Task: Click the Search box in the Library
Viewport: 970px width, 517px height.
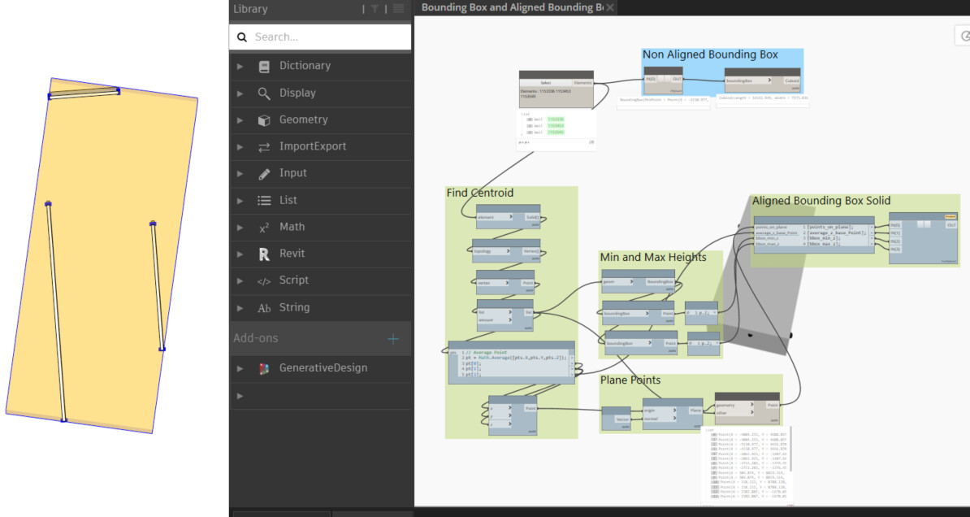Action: point(325,37)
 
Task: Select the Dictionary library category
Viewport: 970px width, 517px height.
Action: point(305,66)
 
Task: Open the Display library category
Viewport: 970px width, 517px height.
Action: point(297,93)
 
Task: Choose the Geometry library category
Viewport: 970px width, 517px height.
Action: point(303,119)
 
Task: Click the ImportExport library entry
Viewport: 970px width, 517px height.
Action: point(312,146)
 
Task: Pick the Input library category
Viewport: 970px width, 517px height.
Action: point(292,173)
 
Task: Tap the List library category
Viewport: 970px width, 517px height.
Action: point(288,200)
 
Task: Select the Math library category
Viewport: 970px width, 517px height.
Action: point(292,227)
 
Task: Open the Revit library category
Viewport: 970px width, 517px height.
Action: point(292,254)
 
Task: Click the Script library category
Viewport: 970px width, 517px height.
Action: point(293,280)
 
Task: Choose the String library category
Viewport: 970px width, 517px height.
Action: point(294,307)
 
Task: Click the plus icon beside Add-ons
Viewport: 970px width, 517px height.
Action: point(393,338)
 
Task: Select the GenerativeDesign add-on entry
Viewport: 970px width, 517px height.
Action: point(323,368)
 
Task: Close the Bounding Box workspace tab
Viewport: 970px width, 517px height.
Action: point(610,7)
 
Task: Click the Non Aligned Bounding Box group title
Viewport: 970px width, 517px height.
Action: point(710,55)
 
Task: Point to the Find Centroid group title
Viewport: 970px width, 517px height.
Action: point(479,193)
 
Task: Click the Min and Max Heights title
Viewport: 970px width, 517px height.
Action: point(652,258)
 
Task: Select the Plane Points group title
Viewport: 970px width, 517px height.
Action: point(630,380)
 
